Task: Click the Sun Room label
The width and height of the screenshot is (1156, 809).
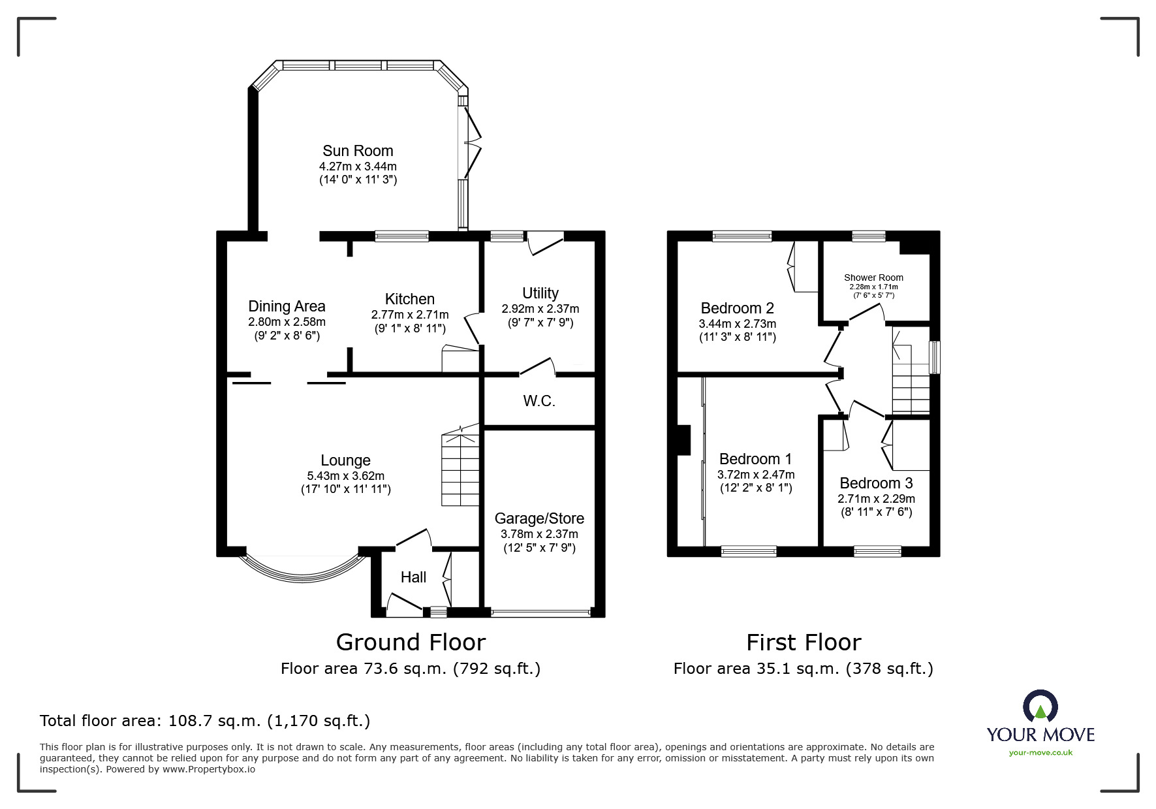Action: point(358,151)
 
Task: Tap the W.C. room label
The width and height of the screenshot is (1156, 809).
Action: point(539,401)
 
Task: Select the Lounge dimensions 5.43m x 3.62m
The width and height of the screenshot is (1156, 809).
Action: point(345,476)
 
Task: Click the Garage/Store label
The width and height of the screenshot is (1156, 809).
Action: point(539,518)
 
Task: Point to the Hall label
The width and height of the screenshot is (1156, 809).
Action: point(413,577)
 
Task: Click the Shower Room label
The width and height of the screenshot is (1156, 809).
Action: point(873,278)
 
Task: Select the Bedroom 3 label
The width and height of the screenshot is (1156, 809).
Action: point(876,483)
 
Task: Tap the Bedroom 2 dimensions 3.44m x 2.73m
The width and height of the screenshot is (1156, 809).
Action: point(737,324)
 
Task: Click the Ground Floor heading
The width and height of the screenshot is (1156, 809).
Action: point(411,642)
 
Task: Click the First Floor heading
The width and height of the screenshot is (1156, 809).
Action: point(804,642)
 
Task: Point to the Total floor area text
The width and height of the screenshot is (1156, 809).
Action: point(205,721)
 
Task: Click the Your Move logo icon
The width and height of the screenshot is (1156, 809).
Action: point(1040,706)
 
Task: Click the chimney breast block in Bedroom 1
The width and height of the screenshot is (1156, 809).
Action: point(683,440)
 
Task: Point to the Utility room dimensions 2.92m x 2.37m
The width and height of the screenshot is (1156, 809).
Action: point(540,309)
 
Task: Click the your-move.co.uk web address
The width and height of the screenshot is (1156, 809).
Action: point(1040,752)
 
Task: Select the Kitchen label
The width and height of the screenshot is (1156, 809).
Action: point(409,299)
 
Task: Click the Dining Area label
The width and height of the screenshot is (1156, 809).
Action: point(287,306)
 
